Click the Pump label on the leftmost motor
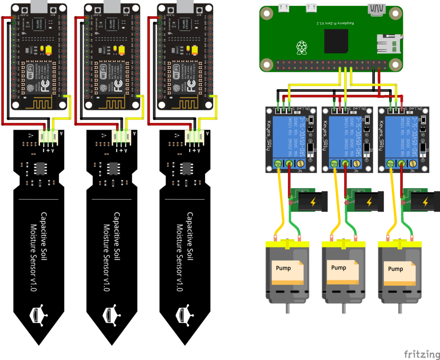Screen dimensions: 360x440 click(x=283, y=268)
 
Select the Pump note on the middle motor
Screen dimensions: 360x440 click(x=339, y=268)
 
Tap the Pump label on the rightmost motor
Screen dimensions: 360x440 click(x=395, y=269)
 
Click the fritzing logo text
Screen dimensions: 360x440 click(x=422, y=354)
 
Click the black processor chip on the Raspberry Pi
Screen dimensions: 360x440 click(x=336, y=41)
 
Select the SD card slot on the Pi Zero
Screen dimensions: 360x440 click(x=389, y=44)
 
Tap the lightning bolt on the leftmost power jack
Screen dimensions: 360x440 click(x=313, y=202)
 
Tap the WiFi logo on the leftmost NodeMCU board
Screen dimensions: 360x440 click(x=31, y=72)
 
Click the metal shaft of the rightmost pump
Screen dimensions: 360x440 click(x=400, y=308)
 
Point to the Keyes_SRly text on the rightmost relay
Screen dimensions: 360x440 click(x=382, y=135)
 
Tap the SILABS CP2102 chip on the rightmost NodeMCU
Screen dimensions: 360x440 click(x=185, y=24)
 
